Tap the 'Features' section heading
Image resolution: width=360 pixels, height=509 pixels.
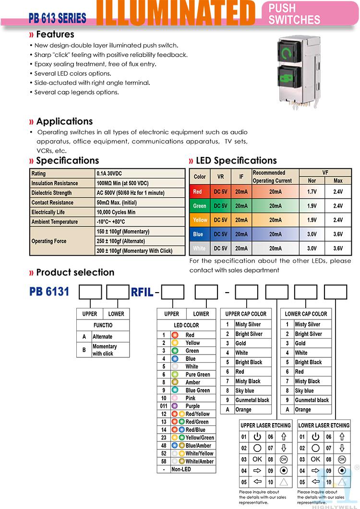pos(55,35)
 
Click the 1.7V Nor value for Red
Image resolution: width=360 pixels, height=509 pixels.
pos(312,192)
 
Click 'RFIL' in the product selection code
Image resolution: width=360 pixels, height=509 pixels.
pos(143,292)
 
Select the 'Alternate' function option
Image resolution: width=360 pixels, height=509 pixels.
pos(103,337)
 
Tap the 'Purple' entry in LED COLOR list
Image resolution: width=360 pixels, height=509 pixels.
pos(192,406)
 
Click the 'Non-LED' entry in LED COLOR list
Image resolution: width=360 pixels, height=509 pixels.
pos(181,469)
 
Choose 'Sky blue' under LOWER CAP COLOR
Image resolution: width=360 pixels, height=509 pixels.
pos(304,391)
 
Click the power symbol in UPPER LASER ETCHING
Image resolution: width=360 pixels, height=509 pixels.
pos(257,437)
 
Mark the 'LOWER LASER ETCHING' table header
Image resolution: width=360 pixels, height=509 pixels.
pos(324,426)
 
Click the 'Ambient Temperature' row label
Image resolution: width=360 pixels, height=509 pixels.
pos(55,222)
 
